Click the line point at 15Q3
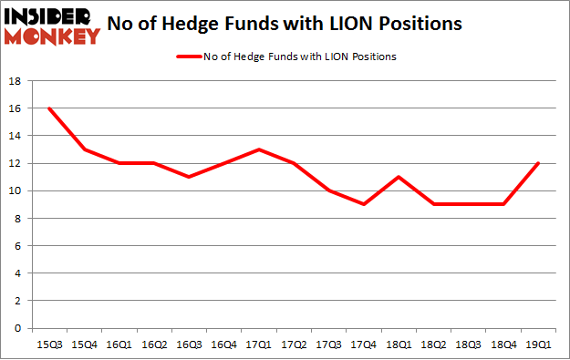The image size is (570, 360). [x=48, y=108]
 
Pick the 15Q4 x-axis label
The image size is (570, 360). [x=83, y=344]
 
